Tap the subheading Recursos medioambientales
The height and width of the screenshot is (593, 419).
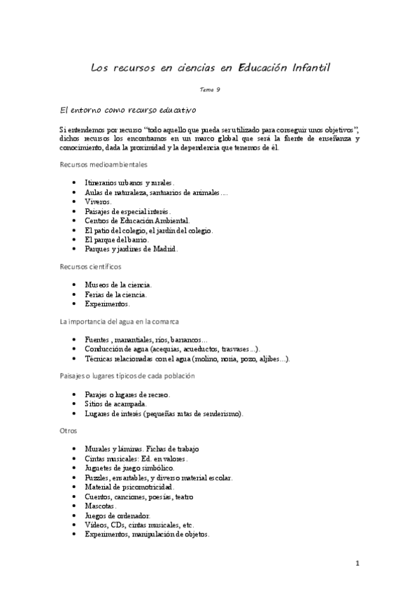point(104,164)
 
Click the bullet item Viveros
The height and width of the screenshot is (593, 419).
point(99,201)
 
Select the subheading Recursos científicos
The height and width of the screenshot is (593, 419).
point(91,266)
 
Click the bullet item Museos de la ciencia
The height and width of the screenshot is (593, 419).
point(118,285)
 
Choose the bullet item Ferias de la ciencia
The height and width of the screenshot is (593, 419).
point(116,294)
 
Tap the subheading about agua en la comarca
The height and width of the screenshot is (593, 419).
point(120,321)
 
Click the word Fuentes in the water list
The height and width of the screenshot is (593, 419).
point(98,339)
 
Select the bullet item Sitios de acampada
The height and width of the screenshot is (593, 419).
point(115,404)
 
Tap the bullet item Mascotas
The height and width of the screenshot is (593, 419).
point(101,505)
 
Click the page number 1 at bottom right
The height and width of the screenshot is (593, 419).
point(357,564)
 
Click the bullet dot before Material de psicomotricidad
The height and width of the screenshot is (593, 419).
point(75,487)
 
